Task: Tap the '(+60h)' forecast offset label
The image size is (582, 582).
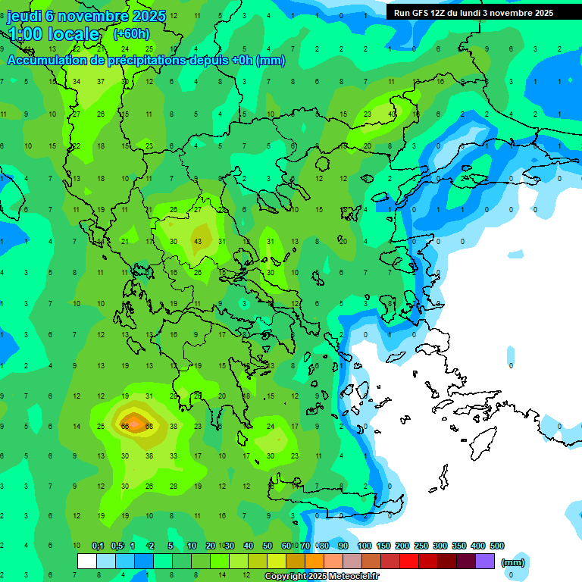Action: tap(131, 33)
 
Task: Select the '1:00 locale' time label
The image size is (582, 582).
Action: tap(53, 34)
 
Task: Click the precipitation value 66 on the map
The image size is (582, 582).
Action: tap(125, 427)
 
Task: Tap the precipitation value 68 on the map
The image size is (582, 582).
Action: tap(149, 427)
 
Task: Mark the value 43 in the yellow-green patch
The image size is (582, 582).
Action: tap(198, 241)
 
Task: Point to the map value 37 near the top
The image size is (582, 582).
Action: tap(101, 81)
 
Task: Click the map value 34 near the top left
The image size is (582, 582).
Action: tap(77, 81)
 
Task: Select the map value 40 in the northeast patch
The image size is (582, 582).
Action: tap(392, 114)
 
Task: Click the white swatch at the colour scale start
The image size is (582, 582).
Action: tap(87, 562)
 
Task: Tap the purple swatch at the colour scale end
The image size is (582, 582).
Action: tap(485, 562)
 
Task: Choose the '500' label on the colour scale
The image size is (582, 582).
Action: tap(497, 546)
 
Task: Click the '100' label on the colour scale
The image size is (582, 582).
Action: tap(365, 546)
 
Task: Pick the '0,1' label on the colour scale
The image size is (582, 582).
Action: tap(98, 546)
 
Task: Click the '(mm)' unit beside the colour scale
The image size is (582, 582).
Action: tap(513, 562)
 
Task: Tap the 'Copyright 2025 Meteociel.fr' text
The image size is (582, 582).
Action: tap(322, 577)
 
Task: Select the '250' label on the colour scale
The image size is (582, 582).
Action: tap(421, 546)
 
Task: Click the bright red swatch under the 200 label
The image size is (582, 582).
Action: tap(409, 562)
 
